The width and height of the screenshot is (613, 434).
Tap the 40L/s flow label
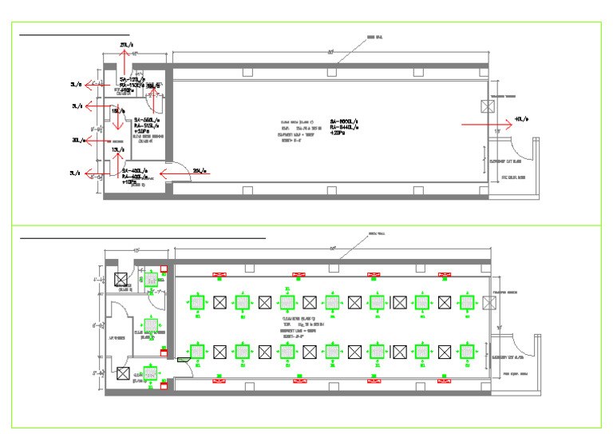[x=523, y=119]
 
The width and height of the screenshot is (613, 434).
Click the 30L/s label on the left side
[x=77, y=140]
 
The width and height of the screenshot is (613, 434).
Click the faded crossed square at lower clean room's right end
[x=488, y=303]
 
